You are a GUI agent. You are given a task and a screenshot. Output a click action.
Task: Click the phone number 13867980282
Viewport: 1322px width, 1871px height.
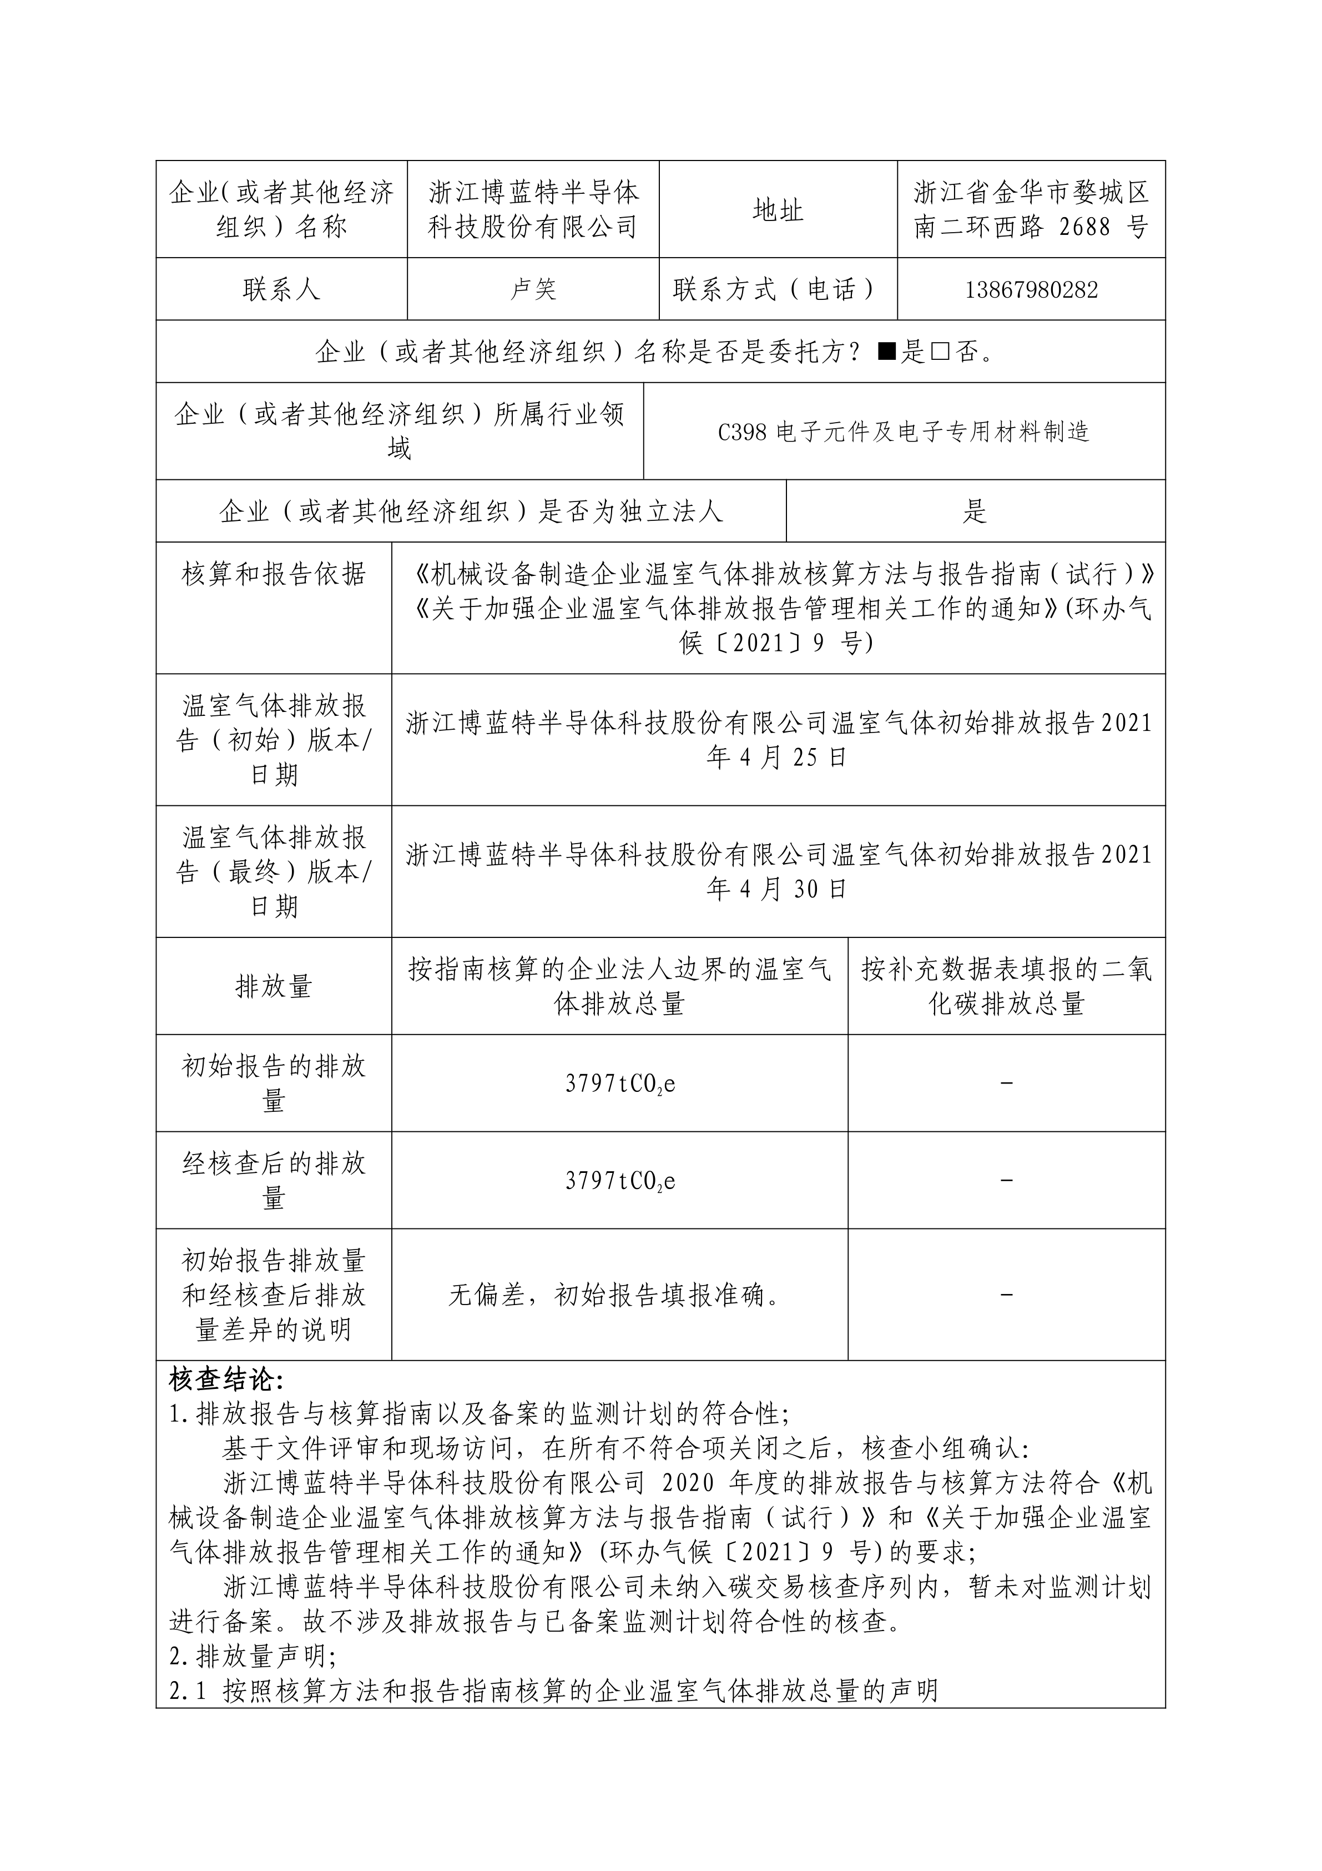click(x=1031, y=290)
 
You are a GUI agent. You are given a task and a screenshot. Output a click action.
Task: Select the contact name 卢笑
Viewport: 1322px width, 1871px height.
click(x=533, y=289)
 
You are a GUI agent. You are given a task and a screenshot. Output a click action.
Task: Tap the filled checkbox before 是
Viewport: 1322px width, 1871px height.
click(x=887, y=352)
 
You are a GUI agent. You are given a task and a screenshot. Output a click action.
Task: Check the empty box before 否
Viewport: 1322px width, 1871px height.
click(x=941, y=352)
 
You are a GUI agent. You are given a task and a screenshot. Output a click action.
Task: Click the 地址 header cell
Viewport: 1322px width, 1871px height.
click(x=778, y=210)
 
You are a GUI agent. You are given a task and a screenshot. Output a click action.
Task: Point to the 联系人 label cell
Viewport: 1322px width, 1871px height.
click(x=281, y=289)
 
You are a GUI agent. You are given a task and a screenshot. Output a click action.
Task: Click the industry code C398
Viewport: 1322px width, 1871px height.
click(x=742, y=432)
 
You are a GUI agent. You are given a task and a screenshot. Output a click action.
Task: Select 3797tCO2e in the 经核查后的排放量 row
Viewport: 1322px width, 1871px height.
click(x=620, y=1181)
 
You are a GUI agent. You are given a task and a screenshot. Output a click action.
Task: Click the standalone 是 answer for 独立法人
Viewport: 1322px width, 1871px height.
click(x=975, y=511)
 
